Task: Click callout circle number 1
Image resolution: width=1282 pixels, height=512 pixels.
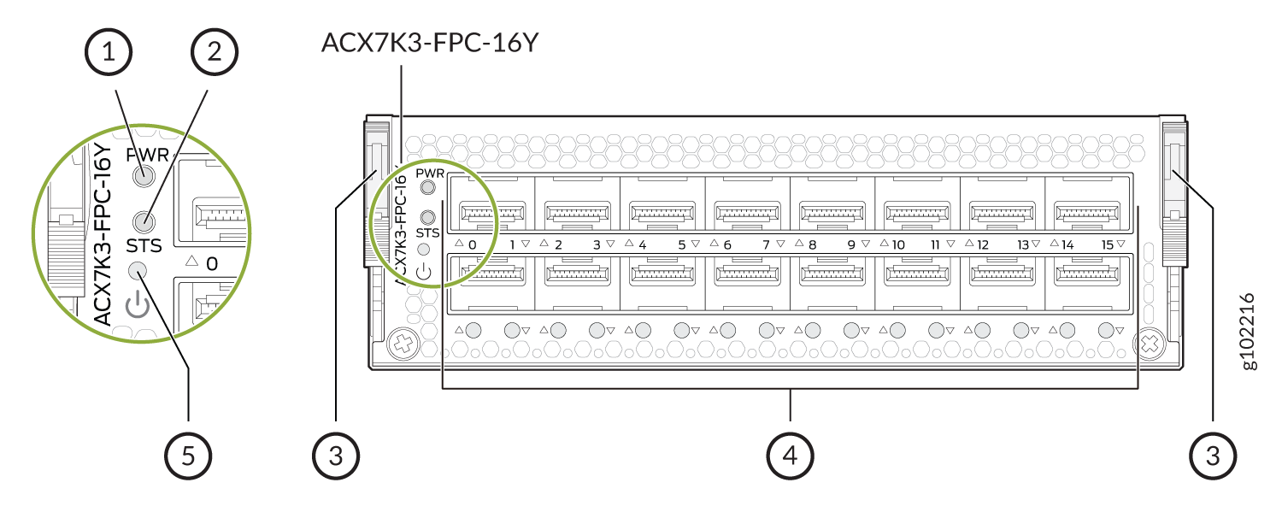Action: pos(109,52)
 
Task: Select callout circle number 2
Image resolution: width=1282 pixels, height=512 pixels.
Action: pos(214,52)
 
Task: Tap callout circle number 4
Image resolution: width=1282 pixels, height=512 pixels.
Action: pos(790,456)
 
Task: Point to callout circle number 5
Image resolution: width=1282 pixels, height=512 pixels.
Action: pos(188,456)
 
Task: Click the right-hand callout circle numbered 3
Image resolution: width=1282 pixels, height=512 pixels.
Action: pos(1213,456)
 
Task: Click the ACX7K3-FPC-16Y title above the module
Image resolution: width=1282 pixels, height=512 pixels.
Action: pos(430,43)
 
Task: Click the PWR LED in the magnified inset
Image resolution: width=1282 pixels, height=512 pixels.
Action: pos(144,175)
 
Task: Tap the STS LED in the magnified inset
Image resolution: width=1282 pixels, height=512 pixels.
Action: pos(144,221)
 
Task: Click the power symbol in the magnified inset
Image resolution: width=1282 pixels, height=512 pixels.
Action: pos(138,304)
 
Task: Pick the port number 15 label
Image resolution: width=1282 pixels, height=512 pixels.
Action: pos(1108,244)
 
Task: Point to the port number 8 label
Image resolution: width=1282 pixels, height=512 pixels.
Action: pos(812,244)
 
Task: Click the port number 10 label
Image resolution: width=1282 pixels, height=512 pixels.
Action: pos(898,244)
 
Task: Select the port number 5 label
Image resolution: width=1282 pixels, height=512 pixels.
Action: pos(682,244)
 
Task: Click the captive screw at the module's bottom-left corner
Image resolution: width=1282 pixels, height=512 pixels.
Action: pos(403,344)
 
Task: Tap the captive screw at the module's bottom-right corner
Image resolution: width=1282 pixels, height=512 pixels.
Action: pos(1150,344)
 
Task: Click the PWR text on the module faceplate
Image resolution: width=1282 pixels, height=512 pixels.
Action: pos(430,173)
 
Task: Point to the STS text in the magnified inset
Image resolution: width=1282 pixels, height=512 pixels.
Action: pos(144,245)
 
